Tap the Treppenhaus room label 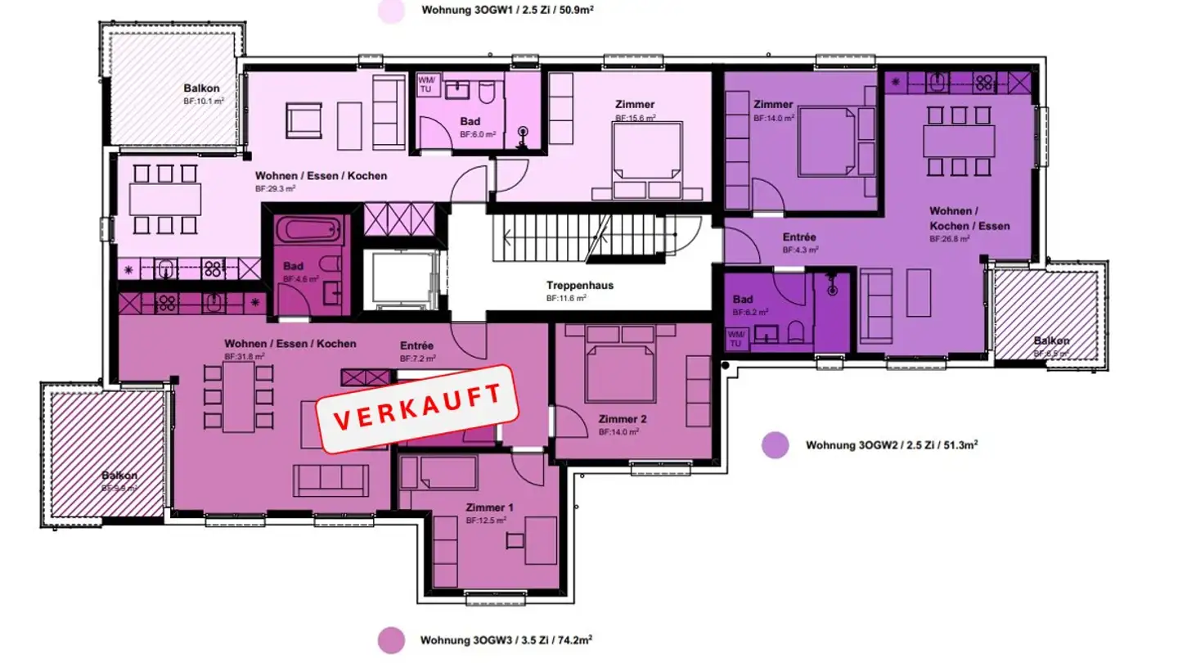click(580, 286)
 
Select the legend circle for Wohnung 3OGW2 click(775, 445)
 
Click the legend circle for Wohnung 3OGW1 click(391, 11)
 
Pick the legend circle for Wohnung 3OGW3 click(391, 639)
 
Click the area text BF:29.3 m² click(275, 188)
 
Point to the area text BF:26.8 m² click(949, 239)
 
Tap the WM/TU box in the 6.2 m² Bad click(735, 338)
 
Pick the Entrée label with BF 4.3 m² click(799, 237)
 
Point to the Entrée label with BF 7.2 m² click(416, 345)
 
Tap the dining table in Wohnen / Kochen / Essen click(958, 141)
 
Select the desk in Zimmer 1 click(540, 539)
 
